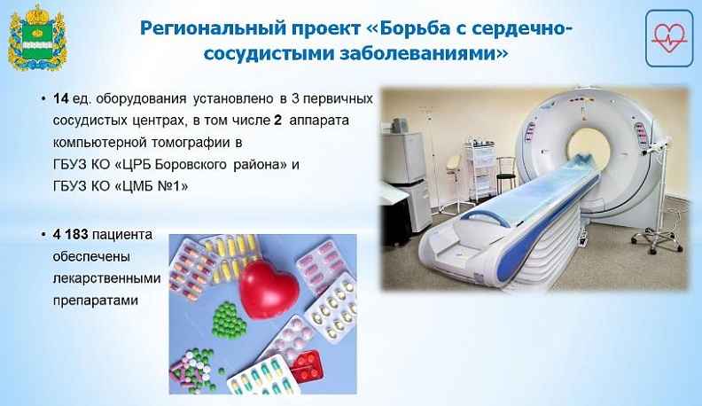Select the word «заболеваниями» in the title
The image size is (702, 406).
pyautogui.click(x=433, y=53)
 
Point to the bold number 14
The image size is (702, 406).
pyautogui.click(x=60, y=98)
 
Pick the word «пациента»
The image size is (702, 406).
pyautogui.click(x=125, y=235)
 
